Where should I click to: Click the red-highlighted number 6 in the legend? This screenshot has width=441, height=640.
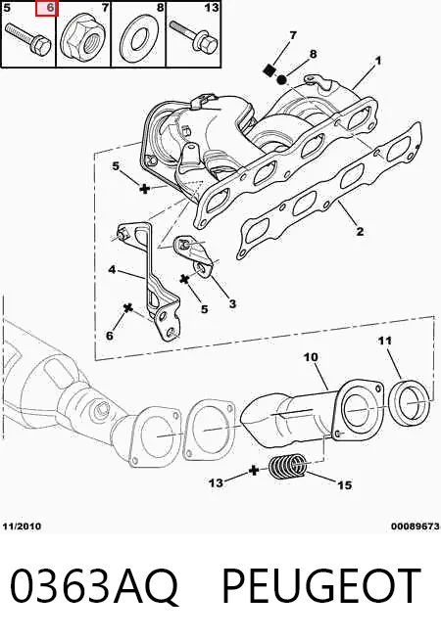tap(49, 8)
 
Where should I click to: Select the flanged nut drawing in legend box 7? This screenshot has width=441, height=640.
tap(83, 37)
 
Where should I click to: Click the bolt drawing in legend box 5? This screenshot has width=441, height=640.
tap(27, 38)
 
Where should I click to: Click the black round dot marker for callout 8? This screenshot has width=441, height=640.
tap(281, 79)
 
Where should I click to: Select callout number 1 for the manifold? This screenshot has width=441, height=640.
tap(378, 61)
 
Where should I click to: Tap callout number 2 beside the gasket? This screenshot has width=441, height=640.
tap(360, 231)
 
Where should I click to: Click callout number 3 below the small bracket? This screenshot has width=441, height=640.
tap(232, 303)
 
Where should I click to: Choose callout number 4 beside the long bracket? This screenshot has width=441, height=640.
tap(112, 269)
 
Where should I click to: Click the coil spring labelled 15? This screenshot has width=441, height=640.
tap(288, 466)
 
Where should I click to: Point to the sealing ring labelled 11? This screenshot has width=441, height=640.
tap(409, 401)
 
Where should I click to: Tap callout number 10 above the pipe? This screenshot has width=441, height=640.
tap(311, 357)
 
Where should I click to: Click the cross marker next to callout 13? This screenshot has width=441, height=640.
tap(254, 471)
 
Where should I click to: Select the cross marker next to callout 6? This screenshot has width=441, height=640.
tap(128, 308)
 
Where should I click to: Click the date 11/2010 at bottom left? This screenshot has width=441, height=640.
tap(22, 526)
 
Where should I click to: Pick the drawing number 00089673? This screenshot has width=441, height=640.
tap(415, 526)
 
